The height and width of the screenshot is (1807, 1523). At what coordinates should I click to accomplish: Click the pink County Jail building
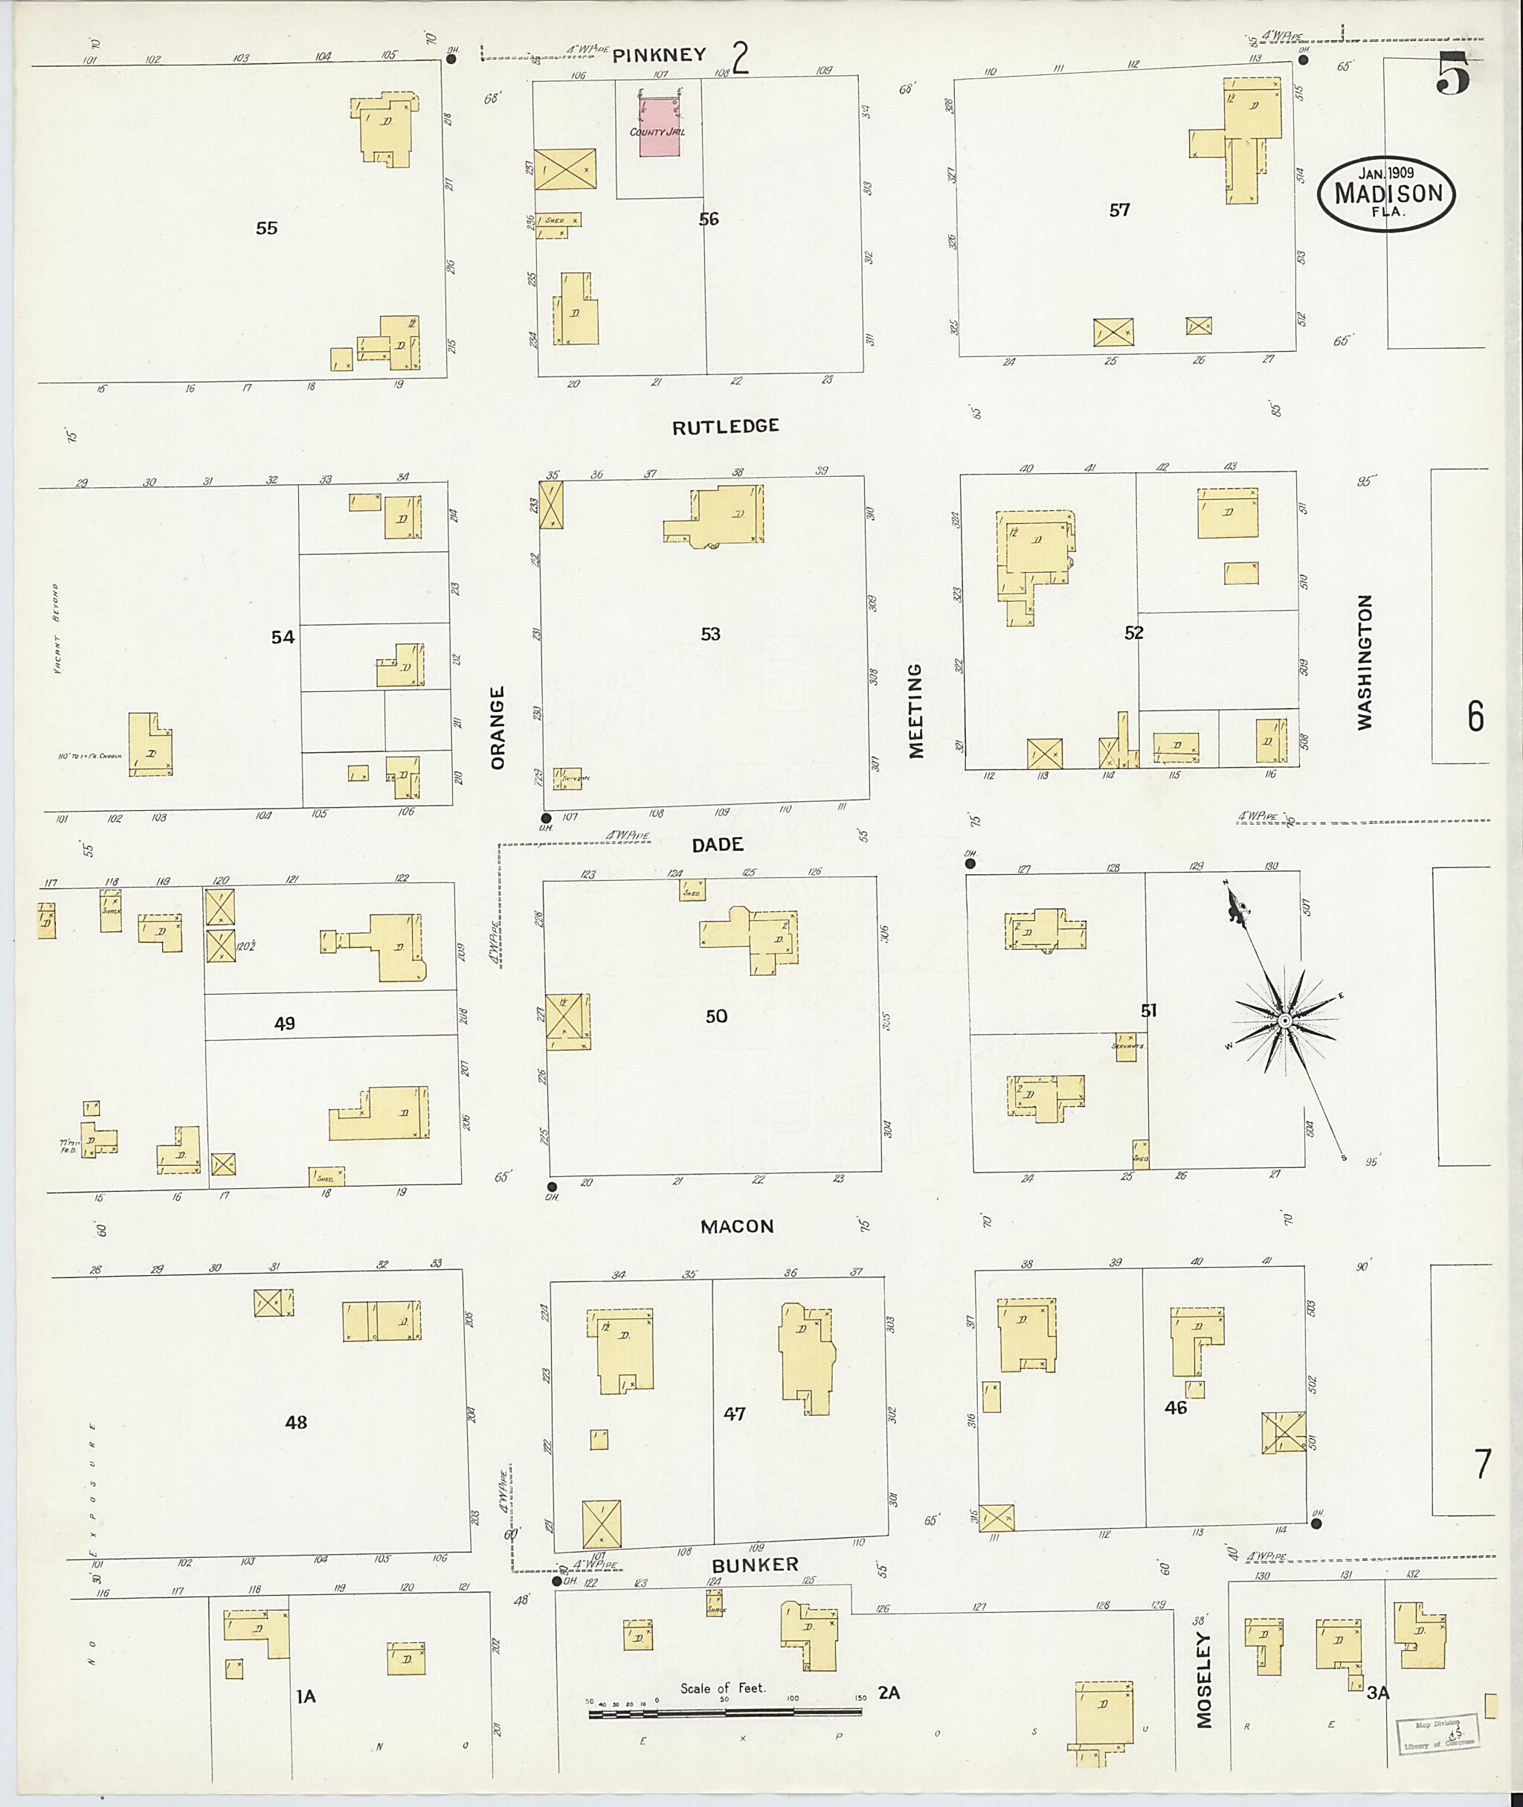[x=659, y=127]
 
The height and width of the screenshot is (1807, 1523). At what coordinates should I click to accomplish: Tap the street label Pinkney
[x=660, y=55]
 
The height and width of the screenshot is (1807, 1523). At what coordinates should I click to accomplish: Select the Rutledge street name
[x=725, y=426]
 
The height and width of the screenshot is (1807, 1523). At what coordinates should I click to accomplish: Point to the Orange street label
[x=498, y=728]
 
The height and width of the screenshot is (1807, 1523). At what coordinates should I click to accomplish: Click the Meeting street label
[x=916, y=711]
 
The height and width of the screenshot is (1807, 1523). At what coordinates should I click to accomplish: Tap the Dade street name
[x=718, y=845]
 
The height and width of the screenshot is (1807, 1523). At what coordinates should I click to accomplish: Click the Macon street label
[x=736, y=1227]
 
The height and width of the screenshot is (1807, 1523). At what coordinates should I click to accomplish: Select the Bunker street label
[x=755, y=1565]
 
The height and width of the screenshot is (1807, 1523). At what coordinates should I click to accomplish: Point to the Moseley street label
[x=1205, y=1679]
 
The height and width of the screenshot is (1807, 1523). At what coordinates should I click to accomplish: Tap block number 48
[x=296, y=1422]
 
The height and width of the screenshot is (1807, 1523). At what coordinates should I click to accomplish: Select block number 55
[x=267, y=228]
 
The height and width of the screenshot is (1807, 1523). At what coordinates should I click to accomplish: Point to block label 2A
[x=889, y=1693]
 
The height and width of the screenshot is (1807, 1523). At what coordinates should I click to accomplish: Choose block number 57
[x=1120, y=210]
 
